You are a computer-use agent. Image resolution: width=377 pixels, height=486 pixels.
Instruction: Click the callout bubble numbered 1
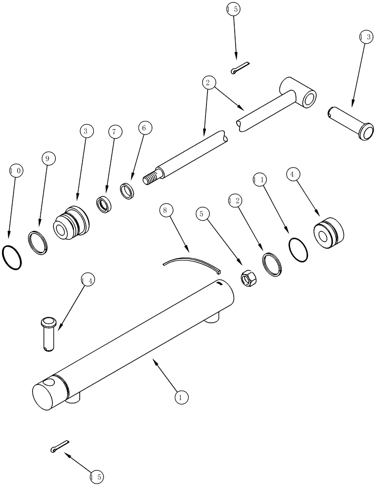coord(181,397)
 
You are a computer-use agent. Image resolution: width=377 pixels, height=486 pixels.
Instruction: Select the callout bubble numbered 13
coord(366,36)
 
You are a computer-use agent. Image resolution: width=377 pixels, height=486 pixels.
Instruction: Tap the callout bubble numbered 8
coord(165,210)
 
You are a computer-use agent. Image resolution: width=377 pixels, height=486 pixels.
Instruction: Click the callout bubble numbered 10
coord(16,171)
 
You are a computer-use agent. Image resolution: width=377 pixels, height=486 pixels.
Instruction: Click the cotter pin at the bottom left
coord(59,446)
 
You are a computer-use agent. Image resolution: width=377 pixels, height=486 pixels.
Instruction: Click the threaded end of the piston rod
coord(151,178)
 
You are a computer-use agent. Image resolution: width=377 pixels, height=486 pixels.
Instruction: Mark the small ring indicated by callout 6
coord(129,191)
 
